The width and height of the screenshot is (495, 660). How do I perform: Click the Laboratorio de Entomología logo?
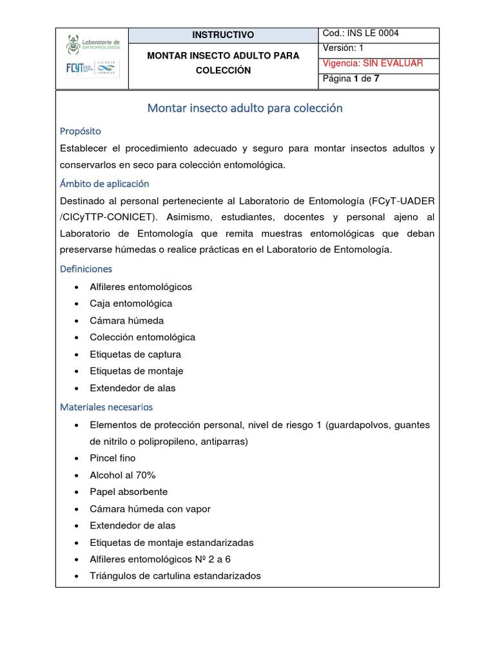[92, 44]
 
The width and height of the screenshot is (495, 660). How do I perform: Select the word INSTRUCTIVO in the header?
[223, 35]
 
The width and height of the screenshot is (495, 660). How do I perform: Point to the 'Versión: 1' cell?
[344, 48]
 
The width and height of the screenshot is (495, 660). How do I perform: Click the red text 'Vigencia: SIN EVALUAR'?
[373, 63]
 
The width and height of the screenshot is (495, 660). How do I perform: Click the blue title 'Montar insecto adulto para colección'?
[245, 108]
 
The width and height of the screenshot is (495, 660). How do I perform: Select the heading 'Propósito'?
[81, 131]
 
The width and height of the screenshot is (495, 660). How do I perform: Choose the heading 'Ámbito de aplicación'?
[104, 184]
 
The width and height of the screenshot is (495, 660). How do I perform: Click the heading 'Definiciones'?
[86, 269]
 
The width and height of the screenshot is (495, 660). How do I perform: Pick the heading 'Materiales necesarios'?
[106, 407]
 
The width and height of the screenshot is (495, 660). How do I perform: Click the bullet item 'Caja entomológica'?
[131, 304]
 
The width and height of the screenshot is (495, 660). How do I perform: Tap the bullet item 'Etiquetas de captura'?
[135, 354]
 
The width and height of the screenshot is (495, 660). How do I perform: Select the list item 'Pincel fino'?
[113, 458]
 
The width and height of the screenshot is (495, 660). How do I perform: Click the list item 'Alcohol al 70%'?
[123, 475]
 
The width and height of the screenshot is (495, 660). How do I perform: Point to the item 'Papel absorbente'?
[129, 492]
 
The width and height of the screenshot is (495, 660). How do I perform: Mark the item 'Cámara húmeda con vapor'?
[150, 509]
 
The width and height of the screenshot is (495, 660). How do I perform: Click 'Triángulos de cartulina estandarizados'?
[175, 576]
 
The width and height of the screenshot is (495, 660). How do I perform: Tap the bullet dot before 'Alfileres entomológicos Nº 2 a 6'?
[77, 559]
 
